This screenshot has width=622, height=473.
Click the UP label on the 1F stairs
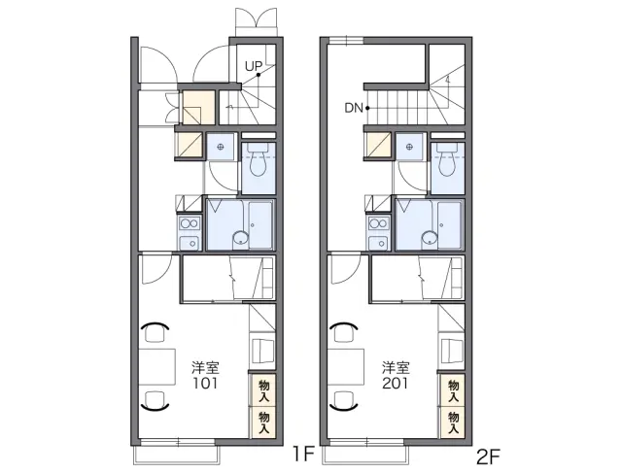[253, 66]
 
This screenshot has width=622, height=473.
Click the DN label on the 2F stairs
[354, 108]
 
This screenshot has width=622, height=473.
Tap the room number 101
[205, 384]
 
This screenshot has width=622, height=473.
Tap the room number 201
[396, 384]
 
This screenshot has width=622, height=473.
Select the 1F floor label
[303, 454]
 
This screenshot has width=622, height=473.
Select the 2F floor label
[488, 456]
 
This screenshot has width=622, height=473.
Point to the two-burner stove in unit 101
[190, 223]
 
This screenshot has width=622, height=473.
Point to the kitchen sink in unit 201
[378, 242]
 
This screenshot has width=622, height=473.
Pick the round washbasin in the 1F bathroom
[240, 238]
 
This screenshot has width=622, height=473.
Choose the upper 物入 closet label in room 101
[263, 390]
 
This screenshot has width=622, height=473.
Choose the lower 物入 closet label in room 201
[453, 422]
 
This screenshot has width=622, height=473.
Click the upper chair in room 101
[155, 332]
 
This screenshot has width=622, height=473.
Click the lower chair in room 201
[344, 400]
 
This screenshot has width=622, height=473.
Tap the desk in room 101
[157, 367]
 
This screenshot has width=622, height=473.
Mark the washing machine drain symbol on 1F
[221, 147]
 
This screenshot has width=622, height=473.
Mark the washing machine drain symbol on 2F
[410, 147]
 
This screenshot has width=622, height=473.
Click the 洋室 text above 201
[396, 368]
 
